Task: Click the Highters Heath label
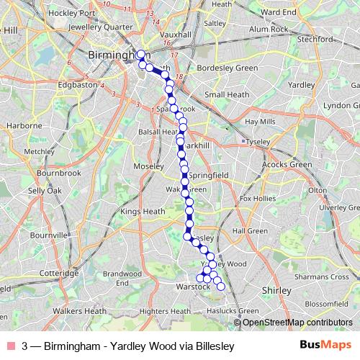tap(163, 311)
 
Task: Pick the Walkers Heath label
tap(78, 311)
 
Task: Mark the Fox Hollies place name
tap(258, 198)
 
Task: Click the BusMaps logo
tap(325, 346)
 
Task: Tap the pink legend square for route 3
tap(11, 346)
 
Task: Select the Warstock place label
tap(192, 287)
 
